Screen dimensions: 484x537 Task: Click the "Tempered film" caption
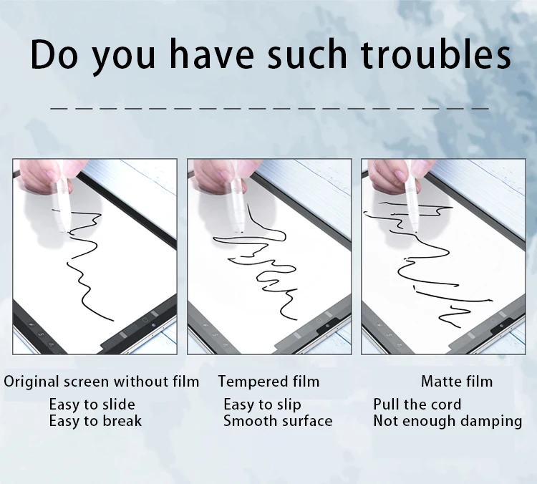(x=268, y=382)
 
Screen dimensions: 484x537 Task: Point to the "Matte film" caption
(x=456, y=382)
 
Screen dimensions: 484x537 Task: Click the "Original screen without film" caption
(x=102, y=382)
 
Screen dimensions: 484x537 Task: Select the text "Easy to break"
(x=95, y=421)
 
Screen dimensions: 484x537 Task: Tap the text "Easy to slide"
(x=92, y=405)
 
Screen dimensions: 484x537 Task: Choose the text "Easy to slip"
(x=262, y=405)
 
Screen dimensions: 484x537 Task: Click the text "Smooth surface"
(x=278, y=421)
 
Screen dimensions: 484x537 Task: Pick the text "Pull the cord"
(x=417, y=405)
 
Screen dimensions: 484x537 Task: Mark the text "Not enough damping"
(x=447, y=421)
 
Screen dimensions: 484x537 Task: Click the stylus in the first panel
(x=63, y=204)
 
